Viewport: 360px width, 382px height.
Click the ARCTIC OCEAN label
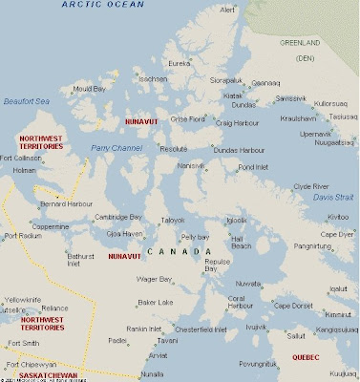[99, 6]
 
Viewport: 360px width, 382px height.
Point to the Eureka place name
[181, 63]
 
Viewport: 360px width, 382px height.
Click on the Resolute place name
[174, 150]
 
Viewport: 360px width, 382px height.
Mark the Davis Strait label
[333, 197]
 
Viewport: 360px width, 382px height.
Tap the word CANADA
[175, 251]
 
